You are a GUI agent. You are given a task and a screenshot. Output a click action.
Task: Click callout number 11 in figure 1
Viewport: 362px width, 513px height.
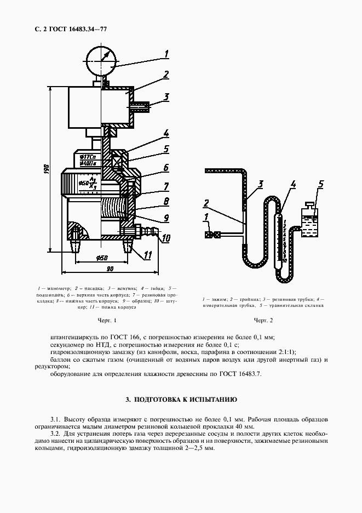click(148, 254)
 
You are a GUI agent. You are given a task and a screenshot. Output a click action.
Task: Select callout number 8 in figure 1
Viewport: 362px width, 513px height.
click(166, 201)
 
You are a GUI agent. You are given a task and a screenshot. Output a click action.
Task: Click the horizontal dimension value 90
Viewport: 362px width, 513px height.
click(110, 269)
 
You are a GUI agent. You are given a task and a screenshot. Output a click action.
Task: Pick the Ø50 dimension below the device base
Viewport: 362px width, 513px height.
click(102, 259)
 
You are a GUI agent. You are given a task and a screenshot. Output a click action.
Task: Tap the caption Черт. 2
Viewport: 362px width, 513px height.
click(263, 320)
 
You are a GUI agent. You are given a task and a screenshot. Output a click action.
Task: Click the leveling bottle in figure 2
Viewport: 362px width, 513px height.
click(309, 220)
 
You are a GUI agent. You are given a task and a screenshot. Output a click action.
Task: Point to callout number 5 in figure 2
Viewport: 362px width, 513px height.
click(321, 184)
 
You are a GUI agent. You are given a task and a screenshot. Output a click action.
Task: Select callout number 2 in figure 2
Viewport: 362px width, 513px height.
click(206, 203)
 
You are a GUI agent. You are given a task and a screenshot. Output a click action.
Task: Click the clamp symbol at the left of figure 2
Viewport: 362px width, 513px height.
click(212, 235)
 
